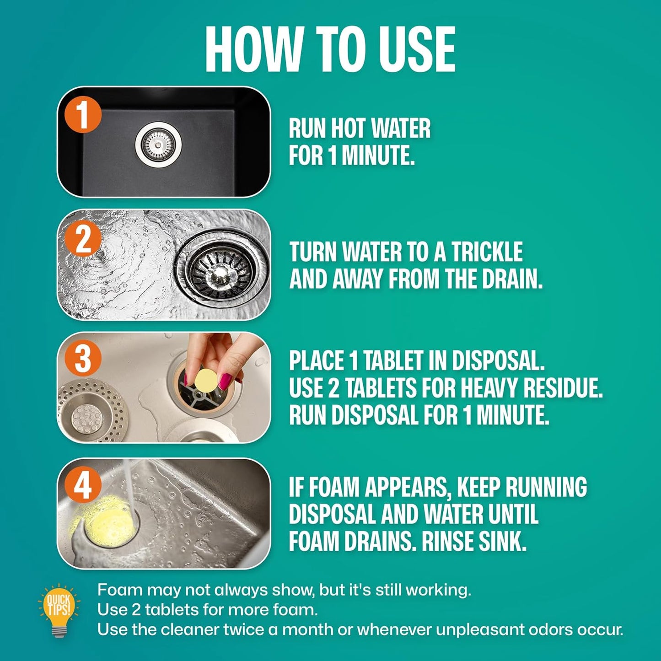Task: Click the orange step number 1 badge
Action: [83, 114]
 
